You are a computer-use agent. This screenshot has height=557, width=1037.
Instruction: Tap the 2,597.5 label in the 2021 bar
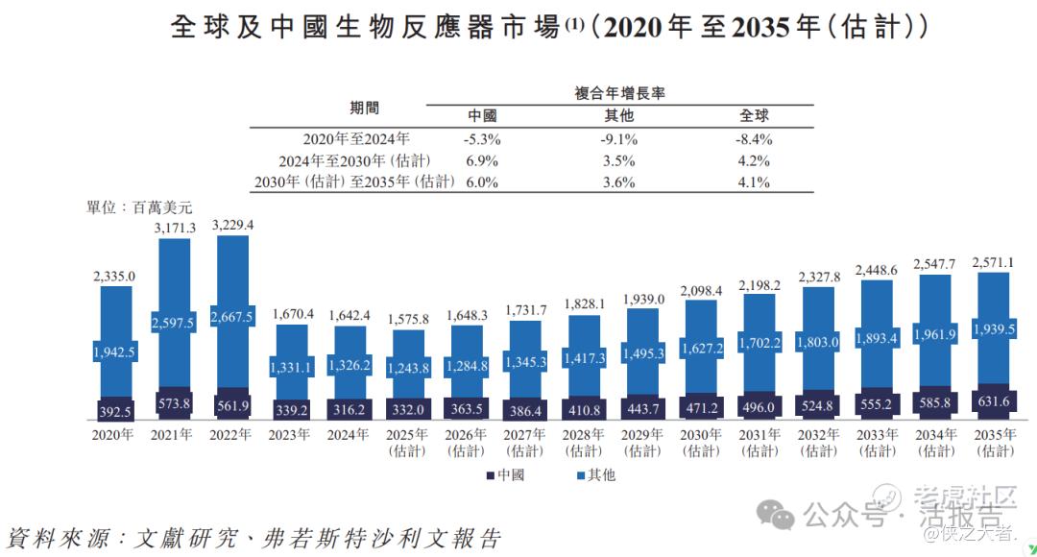pyautogui.click(x=174, y=323)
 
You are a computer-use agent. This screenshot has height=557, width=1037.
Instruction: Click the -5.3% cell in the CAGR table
pyautogui.click(x=482, y=138)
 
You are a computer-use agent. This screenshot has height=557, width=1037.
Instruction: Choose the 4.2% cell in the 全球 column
pyautogui.click(x=755, y=160)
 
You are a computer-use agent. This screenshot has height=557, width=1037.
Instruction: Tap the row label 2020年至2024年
pyautogui.click(x=356, y=138)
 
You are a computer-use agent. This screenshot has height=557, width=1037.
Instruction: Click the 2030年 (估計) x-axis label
pyautogui.click(x=701, y=442)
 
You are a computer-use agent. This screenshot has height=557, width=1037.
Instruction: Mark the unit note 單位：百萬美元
pyautogui.click(x=140, y=206)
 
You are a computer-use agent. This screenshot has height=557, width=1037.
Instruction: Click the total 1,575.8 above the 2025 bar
pyautogui.click(x=409, y=320)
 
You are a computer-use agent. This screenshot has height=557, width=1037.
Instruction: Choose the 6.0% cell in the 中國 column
pyautogui.click(x=482, y=182)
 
